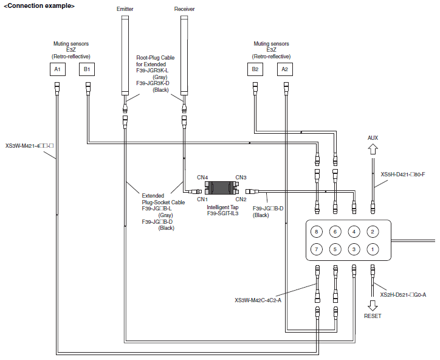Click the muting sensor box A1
58,69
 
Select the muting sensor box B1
87,69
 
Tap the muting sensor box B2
255,69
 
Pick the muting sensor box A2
285,69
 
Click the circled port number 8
317,232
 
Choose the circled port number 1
373,249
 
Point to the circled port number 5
335,249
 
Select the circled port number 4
354,232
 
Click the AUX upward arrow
373,149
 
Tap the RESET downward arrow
373,305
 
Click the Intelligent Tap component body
221,188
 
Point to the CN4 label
202,178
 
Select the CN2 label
241,199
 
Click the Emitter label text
125,9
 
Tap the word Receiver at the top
184,9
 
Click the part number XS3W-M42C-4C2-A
258,300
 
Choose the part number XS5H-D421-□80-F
403,175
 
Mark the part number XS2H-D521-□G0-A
403,295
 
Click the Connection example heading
40,6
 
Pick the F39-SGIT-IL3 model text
223,213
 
